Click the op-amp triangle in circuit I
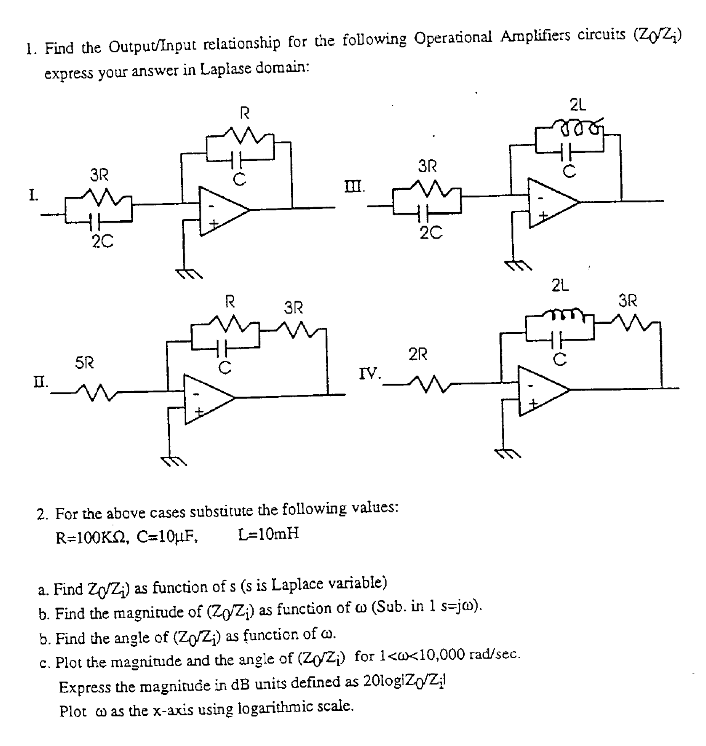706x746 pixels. pyautogui.click(x=222, y=209)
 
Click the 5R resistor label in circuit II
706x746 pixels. pyautogui.click(x=84, y=362)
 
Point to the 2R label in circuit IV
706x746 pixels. pyautogui.click(x=418, y=354)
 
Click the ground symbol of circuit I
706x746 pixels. pyautogui.click(x=183, y=274)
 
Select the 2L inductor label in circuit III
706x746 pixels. pyautogui.click(x=578, y=105)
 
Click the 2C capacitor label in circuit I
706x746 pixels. pyautogui.click(x=102, y=242)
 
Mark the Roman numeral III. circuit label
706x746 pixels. pyautogui.click(x=354, y=185)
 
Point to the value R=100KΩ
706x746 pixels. pyautogui.click(x=90, y=536)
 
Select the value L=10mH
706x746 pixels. pyautogui.click(x=268, y=533)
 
